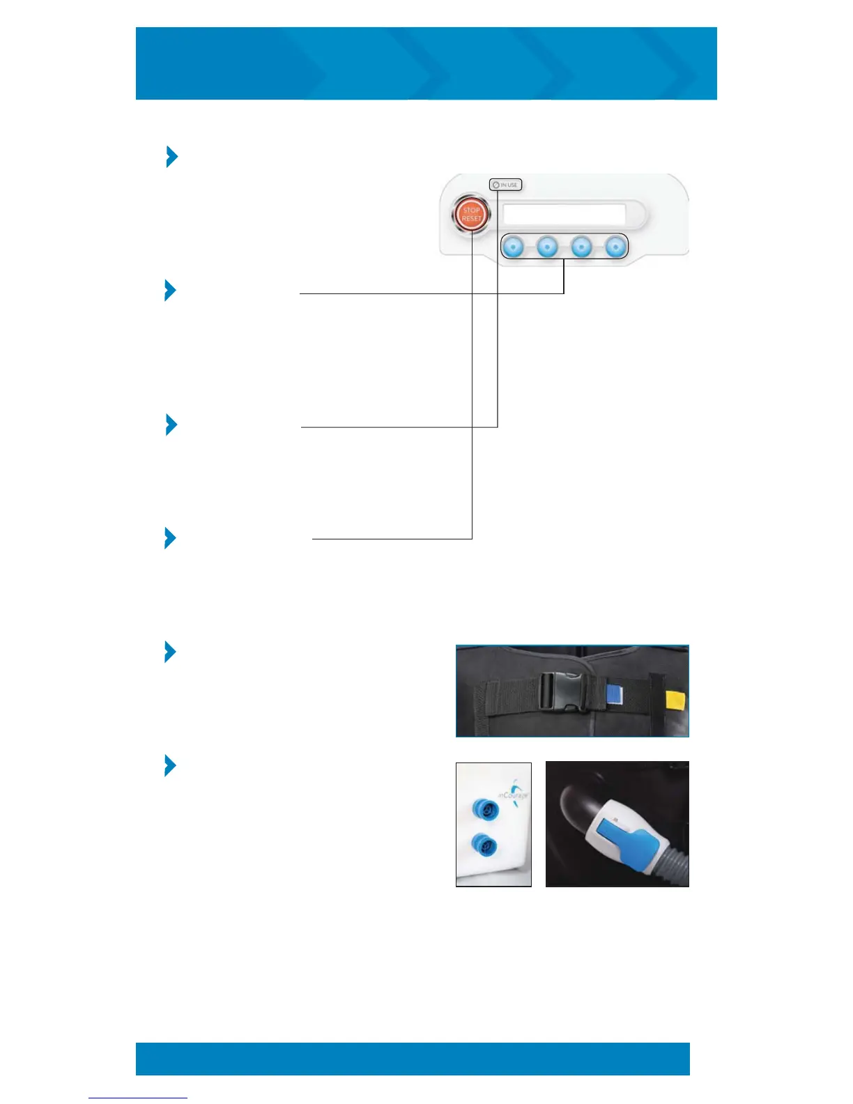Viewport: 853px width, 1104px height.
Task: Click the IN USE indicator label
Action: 505,185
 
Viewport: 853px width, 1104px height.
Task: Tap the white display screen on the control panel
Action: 564,214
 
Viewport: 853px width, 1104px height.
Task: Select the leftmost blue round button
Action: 513,246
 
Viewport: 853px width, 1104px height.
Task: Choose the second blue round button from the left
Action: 547,246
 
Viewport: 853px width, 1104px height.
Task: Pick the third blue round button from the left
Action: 581,246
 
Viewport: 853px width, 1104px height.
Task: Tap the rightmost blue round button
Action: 615,246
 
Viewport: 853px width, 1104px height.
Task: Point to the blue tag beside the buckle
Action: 614,694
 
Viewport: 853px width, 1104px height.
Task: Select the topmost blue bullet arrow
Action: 171,157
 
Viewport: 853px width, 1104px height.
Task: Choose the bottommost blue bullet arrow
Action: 170,765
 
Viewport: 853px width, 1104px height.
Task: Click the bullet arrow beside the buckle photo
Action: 170,652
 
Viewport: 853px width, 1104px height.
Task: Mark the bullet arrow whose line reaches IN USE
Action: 171,424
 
